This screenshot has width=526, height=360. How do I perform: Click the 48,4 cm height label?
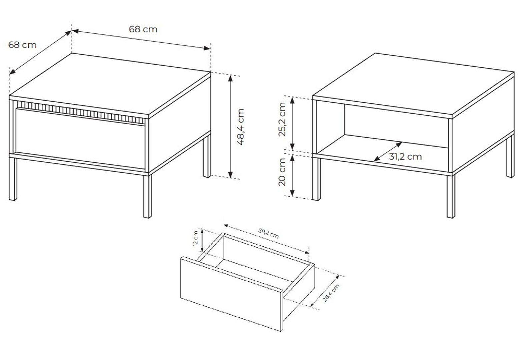pyautogui.click(x=241, y=127)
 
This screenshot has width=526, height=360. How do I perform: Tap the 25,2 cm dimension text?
pyautogui.click(x=282, y=119)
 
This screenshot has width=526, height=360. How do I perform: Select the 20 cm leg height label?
pyautogui.click(x=282, y=172)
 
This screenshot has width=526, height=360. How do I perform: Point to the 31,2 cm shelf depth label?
pyautogui.click(x=405, y=157)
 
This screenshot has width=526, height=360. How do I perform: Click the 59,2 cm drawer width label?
pyautogui.click(x=269, y=233)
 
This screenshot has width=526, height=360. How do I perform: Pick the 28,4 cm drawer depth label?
pyautogui.click(x=331, y=293)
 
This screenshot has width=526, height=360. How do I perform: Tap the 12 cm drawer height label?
pyautogui.click(x=195, y=238)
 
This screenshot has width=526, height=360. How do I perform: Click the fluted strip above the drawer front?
pyautogui.click(x=81, y=112)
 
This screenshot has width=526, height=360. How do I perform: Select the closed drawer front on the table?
pyautogui.click(x=80, y=138)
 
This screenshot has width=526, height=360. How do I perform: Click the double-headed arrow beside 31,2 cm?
pyautogui.click(x=388, y=152)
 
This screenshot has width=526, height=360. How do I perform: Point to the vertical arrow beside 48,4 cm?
pyautogui.click(x=230, y=127)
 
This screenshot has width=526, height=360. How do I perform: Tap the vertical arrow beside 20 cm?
pyautogui.click(x=292, y=176)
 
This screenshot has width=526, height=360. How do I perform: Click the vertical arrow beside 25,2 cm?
pyautogui.click(x=292, y=123)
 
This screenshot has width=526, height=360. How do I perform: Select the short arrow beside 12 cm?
pyautogui.click(x=202, y=241)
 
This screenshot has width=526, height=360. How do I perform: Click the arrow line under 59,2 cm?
pyautogui.click(x=267, y=239)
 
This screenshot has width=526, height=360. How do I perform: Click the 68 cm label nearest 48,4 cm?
pyautogui.click(x=143, y=29)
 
